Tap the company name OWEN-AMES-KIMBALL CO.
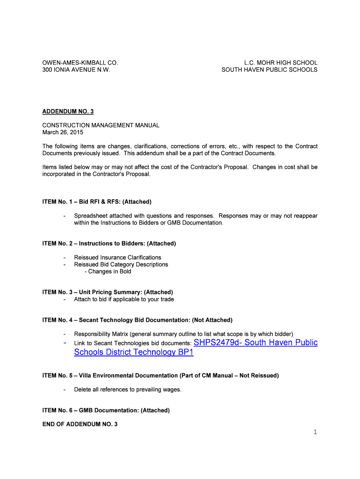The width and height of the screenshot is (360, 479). pyautogui.click(x=80, y=63)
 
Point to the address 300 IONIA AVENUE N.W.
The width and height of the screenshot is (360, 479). pyautogui.click(x=77, y=70)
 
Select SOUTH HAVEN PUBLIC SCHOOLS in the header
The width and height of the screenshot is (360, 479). pyautogui.click(x=269, y=70)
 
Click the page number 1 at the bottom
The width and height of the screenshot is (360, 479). pyautogui.click(x=315, y=432)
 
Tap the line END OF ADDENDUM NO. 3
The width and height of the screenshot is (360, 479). pyautogui.click(x=80, y=424)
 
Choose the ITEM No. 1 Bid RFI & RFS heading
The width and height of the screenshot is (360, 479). pyautogui.click(x=97, y=202)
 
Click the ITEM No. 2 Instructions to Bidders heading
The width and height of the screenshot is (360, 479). pyautogui.click(x=109, y=243)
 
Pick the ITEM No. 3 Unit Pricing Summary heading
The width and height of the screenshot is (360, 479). pyautogui.click(x=108, y=292)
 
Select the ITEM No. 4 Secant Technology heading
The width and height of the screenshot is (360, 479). pyautogui.click(x=137, y=320)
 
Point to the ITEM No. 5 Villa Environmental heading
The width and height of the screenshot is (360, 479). pyautogui.click(x=160, y=375)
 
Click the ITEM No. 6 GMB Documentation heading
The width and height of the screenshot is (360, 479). pyautogui.click(x=106, y=410)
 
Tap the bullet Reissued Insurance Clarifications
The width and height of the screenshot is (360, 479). pyautogui.click(x=117, y=257)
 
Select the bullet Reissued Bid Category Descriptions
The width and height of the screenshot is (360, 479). pyautogui.click(x=121, y=264)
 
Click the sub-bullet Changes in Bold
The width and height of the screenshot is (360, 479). pyautogui.click(x=108, y=271)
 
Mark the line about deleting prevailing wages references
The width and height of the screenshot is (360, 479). pyautogui.click(x=128, y=390)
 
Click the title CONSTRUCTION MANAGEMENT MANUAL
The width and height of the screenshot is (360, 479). pyautogui.click(x=101, y=125)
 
